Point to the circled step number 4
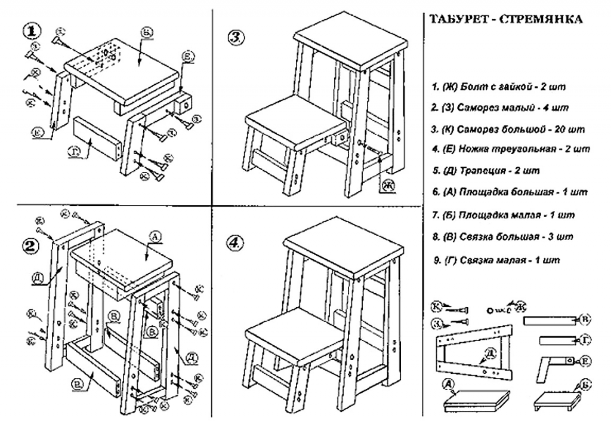236,243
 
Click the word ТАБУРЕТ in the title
453,19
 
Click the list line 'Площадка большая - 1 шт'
510,192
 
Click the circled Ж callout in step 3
388,186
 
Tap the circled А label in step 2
153,238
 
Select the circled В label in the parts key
587,321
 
